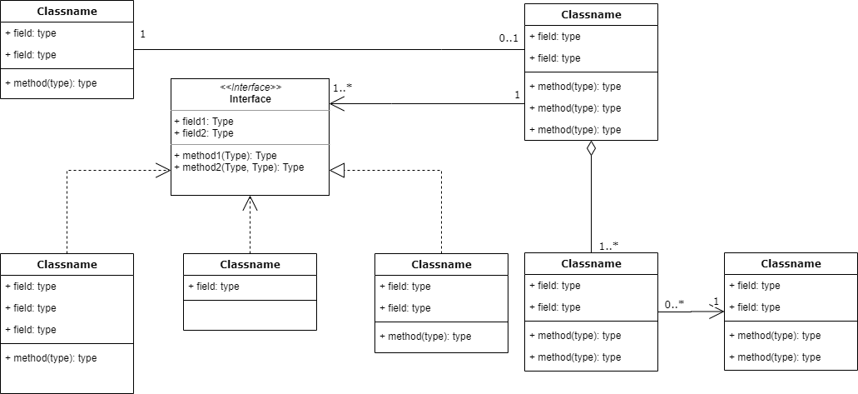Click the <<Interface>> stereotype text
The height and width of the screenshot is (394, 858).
click(x=250, y=87)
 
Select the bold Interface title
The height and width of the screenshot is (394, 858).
click(x=250, y=99)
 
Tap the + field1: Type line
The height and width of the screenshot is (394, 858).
click(x=204, y=121)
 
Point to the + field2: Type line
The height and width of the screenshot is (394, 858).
click(x=204, y=132)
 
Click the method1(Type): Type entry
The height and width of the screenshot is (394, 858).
click(x=226, y=156)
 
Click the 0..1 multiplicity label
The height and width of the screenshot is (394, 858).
click(x=509, y=38)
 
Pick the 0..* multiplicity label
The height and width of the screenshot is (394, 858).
click(x=674, y=304)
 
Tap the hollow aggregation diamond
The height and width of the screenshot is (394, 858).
click(x=591, y=149)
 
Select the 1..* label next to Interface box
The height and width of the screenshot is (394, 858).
click(x=342, y=87)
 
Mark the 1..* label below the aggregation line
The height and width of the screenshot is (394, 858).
click(x=608, y=246)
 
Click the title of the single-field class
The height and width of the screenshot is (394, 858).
click(x=250, y=264)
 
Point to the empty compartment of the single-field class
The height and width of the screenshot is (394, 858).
click(x=250, y=315)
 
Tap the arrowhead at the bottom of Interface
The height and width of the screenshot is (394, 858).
click(x=250, y=202)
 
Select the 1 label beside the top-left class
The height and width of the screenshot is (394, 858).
click(x=143, y=35)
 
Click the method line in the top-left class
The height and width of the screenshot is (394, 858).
click(x=51, y=83)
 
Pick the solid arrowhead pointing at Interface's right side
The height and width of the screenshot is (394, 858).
click(x=336, y=104)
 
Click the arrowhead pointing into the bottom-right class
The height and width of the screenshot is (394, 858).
click(x=717, y=312)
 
